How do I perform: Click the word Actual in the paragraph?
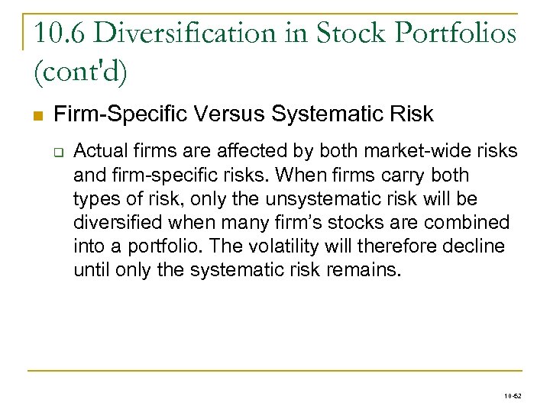coord(98,151)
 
